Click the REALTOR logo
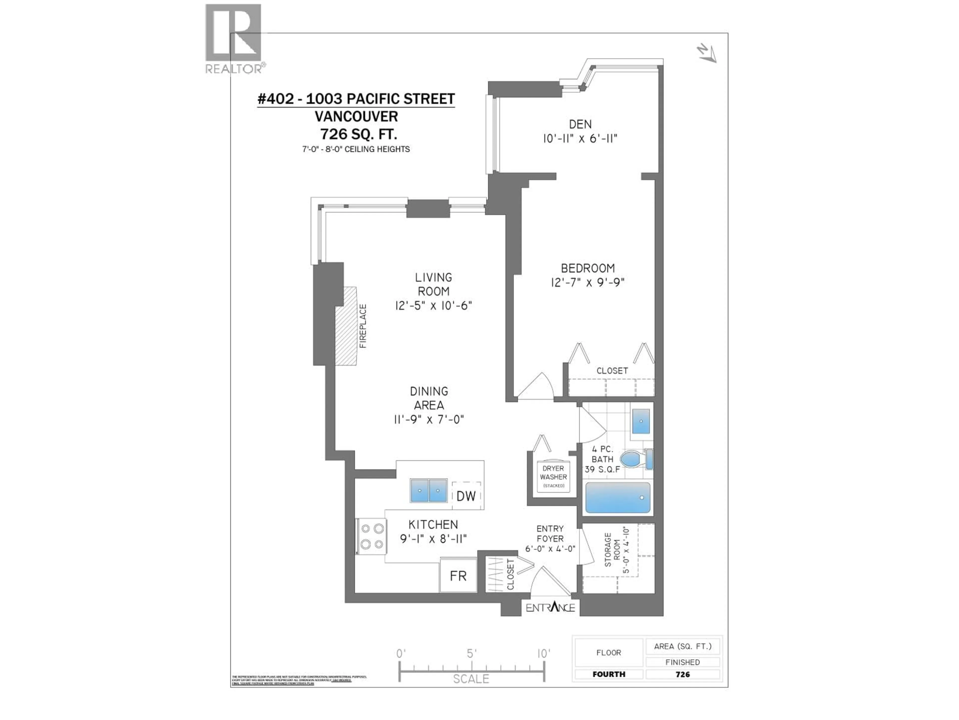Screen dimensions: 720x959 233,38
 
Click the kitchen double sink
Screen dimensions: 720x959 428,490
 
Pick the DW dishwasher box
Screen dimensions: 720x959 466,495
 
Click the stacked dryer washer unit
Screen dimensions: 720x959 553,476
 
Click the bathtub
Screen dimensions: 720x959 618,497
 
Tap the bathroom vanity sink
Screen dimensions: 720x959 641,421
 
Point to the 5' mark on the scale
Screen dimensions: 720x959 471,653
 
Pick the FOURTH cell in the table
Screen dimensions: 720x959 609,674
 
